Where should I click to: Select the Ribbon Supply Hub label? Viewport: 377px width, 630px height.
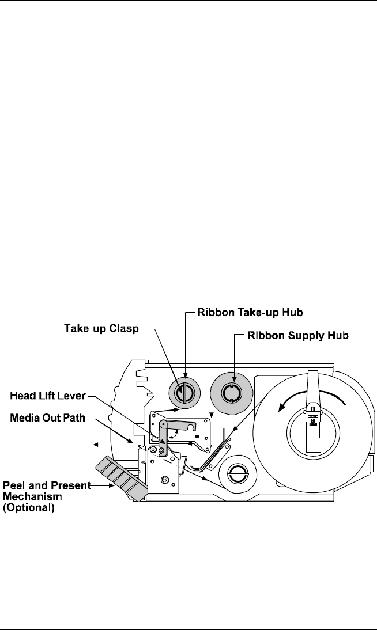click(297, 336)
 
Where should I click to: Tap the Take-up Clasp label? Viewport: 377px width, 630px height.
click(101, 328)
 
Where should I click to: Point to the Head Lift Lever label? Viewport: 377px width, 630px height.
click(47, 396)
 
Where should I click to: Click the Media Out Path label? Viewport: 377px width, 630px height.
click(47, 418)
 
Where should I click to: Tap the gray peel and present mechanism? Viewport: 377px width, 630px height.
click(120, 478)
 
